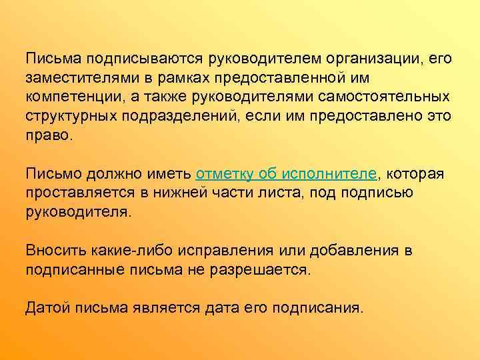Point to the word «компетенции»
pyautogui.click(x=73, y=97)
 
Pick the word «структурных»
pyautogui.click(x=68, y=117)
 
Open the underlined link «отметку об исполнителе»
pyautogui.click(x=287, y=175)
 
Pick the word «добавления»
pyautogui.click(x=343, y=251)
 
